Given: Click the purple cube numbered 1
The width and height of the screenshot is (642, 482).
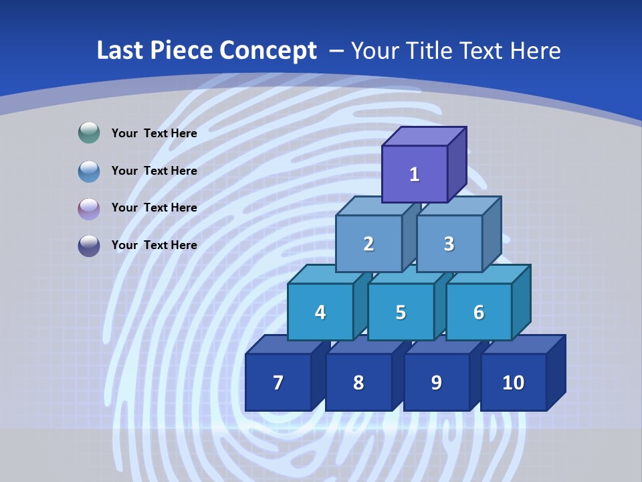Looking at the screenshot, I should point(415,174).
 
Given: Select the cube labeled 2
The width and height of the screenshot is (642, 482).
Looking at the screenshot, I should point(368,244).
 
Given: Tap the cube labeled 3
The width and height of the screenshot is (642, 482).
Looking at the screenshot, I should point(449,244).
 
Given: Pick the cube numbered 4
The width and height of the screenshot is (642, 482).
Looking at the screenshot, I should point(320,312).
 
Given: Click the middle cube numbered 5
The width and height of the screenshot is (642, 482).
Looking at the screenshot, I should point(401,312).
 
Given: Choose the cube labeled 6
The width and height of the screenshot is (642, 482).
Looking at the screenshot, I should point(479,312).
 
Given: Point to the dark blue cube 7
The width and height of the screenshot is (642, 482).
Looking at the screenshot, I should point(278,382).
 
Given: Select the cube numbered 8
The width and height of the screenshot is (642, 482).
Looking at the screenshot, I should point(358,382).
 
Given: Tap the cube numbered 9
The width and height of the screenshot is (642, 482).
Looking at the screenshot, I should point(436,382).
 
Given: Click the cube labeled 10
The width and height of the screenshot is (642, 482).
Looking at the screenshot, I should point(513,382).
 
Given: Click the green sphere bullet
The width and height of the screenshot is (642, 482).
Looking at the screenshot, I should point(89,133).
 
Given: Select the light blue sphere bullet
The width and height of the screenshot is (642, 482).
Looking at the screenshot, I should point(89,171).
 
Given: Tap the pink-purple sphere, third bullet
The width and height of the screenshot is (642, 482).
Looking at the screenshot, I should point(89,208).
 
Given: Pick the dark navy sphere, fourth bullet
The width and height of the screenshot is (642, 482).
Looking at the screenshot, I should point(89,245).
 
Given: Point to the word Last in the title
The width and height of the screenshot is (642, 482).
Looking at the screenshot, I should point(121,51).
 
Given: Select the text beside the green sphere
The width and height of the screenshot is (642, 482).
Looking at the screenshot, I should point(154,133).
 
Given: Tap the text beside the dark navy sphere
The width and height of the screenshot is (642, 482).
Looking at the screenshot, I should point(154,245).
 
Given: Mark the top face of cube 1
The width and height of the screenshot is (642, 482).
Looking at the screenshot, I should point(424,136).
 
